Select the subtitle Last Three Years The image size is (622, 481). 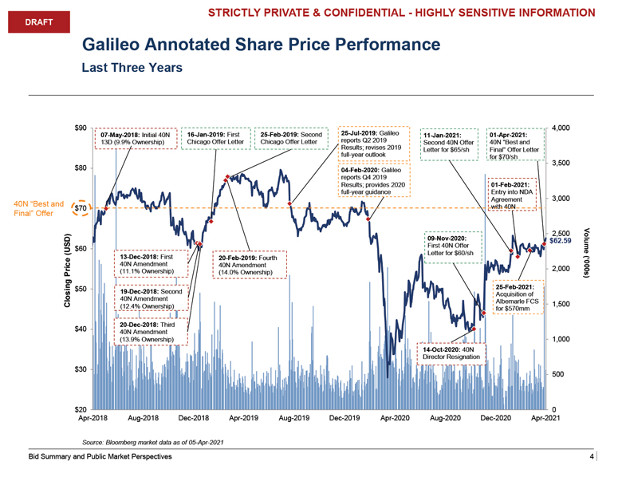132,68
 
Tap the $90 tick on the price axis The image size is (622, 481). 80,128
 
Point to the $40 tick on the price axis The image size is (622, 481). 80,329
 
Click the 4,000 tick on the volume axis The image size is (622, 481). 561,128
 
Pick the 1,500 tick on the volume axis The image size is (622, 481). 561,304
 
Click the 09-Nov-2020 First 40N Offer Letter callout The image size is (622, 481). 455,246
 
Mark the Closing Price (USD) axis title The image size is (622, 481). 69,272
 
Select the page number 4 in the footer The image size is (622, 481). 592,457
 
